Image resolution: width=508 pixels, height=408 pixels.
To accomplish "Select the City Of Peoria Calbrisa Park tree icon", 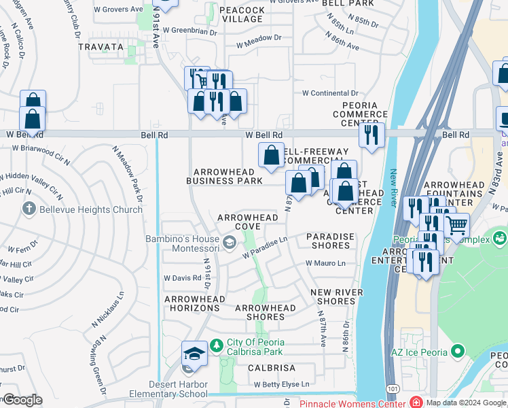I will (217, 345).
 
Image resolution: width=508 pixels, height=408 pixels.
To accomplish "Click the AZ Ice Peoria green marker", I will (458, 351).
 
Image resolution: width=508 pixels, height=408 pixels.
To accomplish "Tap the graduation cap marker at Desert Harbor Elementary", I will (194, 354).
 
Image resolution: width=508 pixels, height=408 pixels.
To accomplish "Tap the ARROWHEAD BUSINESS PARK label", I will (225, 176).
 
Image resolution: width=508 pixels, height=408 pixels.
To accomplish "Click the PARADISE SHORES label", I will (330, 241).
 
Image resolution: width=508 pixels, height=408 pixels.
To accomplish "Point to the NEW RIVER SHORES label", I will (337, 296).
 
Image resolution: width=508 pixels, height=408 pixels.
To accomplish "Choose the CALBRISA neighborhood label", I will (271, 367).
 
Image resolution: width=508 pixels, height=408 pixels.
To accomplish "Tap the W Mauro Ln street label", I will (325, 262).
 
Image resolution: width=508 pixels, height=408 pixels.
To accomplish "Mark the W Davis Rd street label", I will (183, 278).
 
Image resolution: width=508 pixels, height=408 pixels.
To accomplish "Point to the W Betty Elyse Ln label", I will (281, 384).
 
